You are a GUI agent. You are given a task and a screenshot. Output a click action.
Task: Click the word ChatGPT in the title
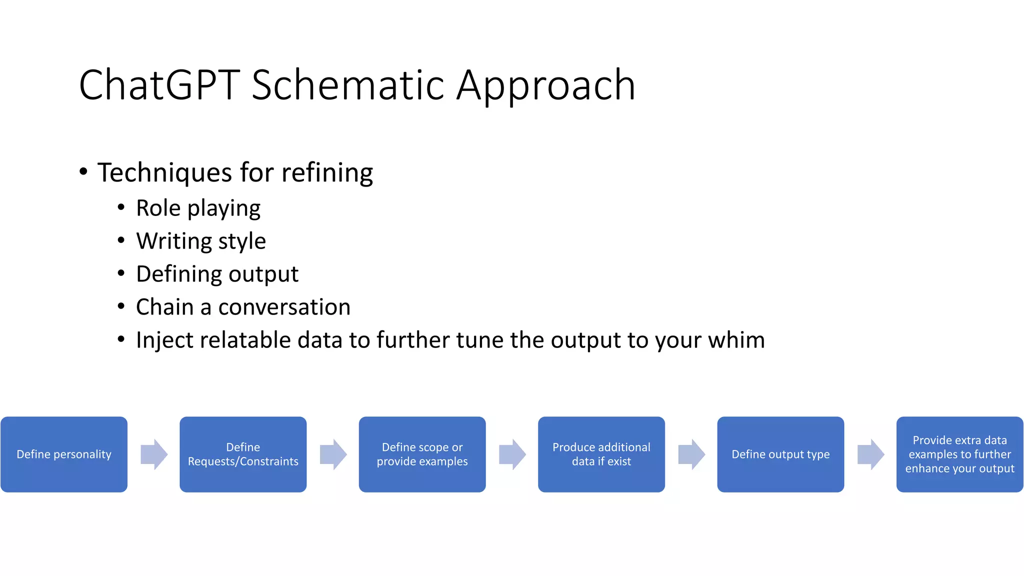[x=159, y=85]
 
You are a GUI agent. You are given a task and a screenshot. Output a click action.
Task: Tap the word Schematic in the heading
[x=347, y=85]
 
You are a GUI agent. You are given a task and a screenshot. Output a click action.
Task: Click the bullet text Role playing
[x=198, y=208]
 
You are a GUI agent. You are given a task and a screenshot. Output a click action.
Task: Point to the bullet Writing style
[x=200, y=241]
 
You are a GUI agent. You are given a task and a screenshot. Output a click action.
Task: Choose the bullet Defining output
[x=217, y=274]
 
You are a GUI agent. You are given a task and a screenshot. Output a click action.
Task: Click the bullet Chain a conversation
[x=243, y=307]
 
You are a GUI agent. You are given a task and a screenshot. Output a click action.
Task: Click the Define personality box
[x=64, y=454]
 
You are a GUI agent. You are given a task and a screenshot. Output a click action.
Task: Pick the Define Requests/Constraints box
[x=243, y=454]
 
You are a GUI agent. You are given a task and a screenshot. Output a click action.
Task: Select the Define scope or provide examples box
[x=422, y=454]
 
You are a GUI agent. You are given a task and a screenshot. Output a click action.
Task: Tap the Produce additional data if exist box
[x=601, y=454]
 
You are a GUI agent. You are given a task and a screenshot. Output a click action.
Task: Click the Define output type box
[x=780, y=454]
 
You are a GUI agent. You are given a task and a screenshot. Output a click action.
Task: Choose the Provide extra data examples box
[x=959, y=454]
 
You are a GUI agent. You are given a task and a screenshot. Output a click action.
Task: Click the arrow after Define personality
[x=153, y=454]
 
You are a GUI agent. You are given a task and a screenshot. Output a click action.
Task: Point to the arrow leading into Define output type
[x=691, y=454]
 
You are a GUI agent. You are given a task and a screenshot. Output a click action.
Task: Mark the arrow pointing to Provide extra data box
[x=870, y=454]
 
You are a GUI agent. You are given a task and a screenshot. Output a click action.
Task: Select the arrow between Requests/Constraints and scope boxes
[x=333, y=454]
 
